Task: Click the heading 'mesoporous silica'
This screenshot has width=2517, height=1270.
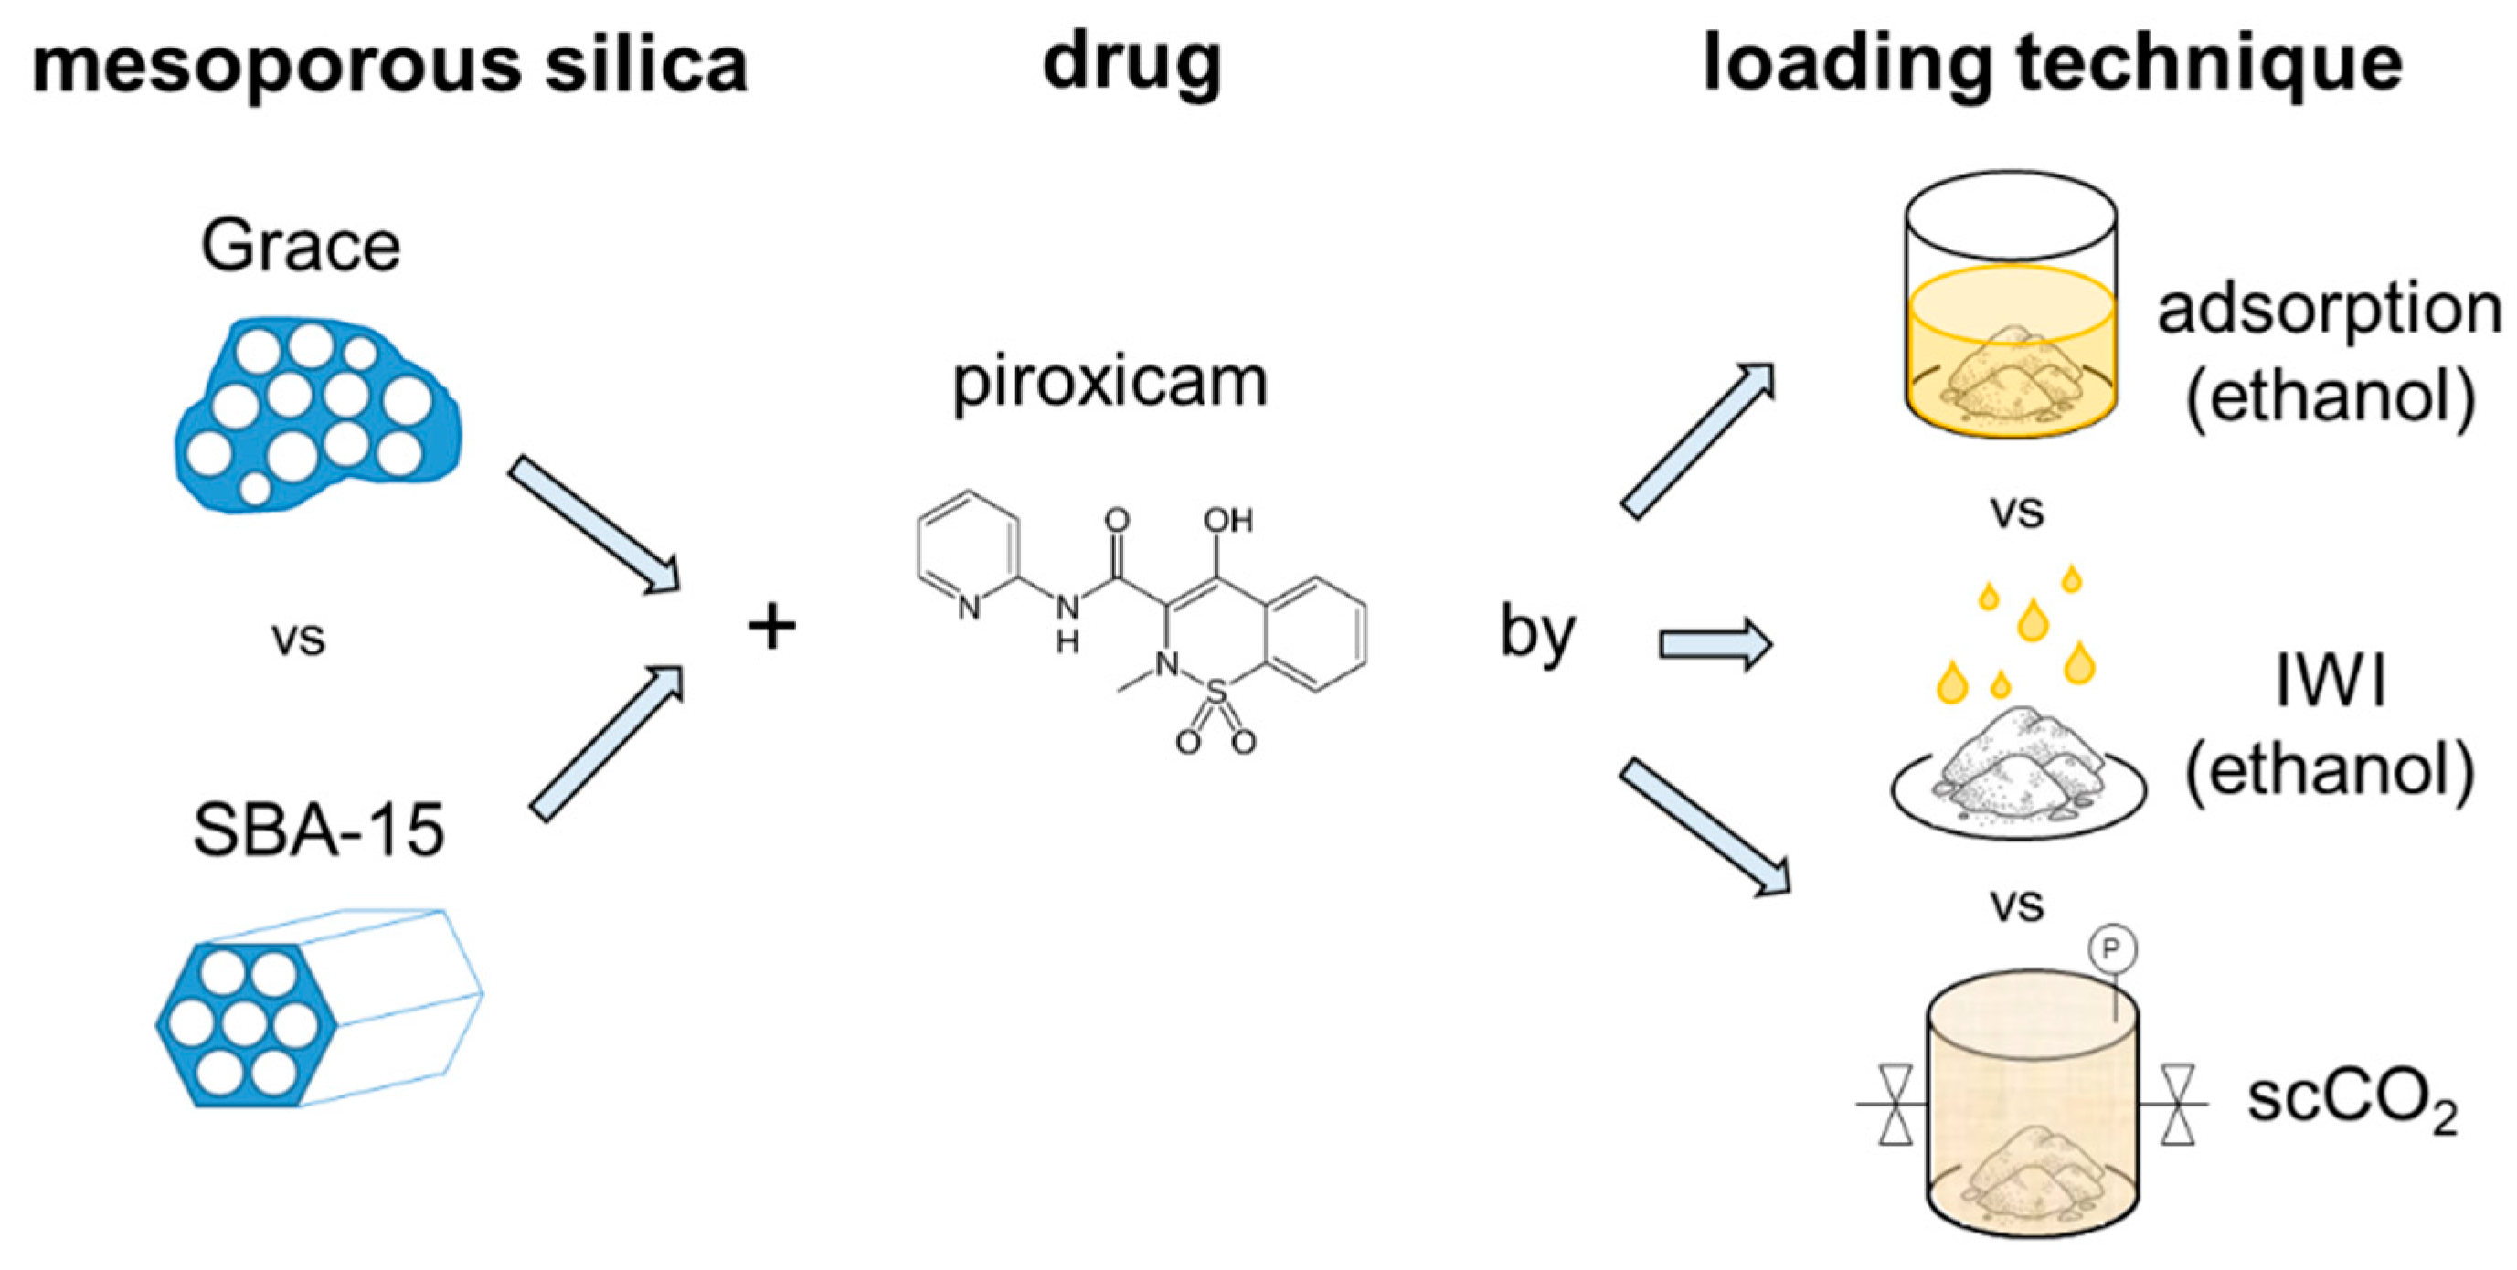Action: click(390, 65)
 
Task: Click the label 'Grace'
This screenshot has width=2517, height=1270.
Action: click(301, 245)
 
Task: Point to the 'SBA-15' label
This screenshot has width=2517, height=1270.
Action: click(320, 831)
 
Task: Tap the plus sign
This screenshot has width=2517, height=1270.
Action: click(772, 626)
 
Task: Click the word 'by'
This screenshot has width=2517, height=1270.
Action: click(1537, 634)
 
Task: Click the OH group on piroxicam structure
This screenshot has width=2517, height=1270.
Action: click(1227, 520)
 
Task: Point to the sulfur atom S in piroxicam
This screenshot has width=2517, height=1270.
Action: click(1216, 693)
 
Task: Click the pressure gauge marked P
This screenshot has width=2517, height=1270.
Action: click(2111, 947)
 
